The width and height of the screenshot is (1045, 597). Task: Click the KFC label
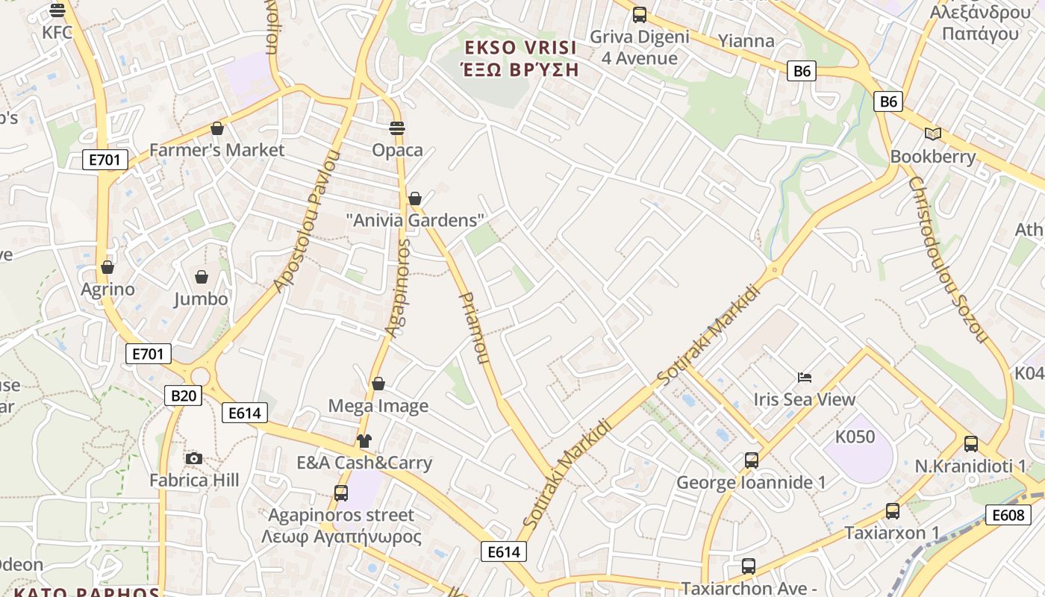(57, 32)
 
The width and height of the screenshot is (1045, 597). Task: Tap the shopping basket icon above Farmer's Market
(217, 128)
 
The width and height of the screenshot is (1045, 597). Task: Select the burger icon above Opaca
(397, 128)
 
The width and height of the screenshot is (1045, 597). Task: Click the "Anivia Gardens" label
(415, 220)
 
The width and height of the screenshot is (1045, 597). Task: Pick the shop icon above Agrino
(107, 267)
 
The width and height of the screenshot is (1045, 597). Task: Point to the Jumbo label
(201, 298)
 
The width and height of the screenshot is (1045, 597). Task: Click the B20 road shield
(184, 395)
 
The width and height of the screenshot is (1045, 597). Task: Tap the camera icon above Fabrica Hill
(194, 458)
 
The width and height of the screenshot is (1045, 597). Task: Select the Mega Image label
(378, 406)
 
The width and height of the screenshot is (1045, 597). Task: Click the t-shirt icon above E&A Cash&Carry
(364, 441)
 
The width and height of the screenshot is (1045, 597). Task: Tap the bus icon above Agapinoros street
(341, 493)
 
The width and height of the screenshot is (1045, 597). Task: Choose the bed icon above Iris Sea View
(805, 378)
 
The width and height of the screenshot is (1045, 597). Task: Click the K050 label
(855, 437)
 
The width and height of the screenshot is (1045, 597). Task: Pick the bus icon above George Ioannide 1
(751, 460)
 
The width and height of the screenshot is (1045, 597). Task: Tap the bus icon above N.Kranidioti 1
(970, 444)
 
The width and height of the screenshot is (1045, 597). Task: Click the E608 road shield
(1008, 514)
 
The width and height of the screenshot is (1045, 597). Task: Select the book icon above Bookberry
(932, 134)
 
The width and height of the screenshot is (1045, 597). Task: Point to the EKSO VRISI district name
(520, 48)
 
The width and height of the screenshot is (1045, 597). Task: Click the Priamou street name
(473, 328)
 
